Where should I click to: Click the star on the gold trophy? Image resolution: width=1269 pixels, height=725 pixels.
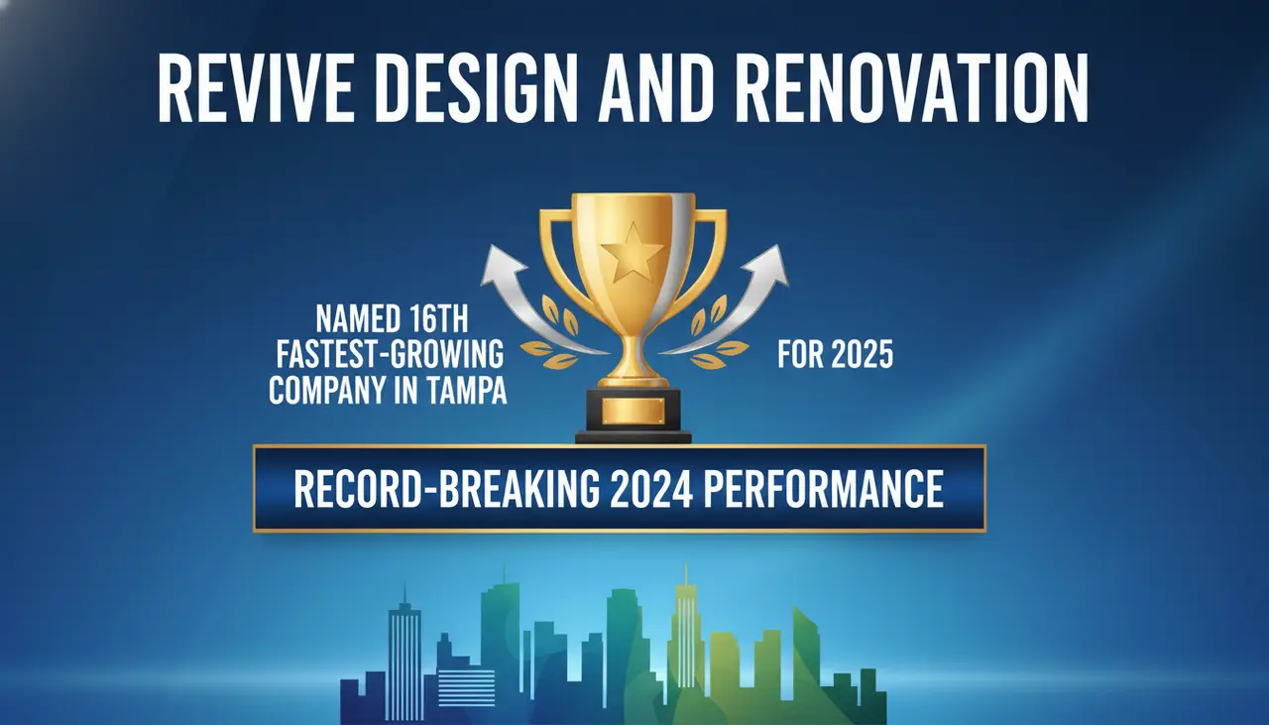click(x=632, y=252)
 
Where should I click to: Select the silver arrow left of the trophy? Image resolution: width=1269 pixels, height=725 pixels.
click(x=525, y=298)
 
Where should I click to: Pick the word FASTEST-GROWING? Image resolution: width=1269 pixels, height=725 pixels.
click(x=387, y=355)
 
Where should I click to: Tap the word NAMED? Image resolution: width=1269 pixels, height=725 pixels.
click(x=361, y=320)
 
